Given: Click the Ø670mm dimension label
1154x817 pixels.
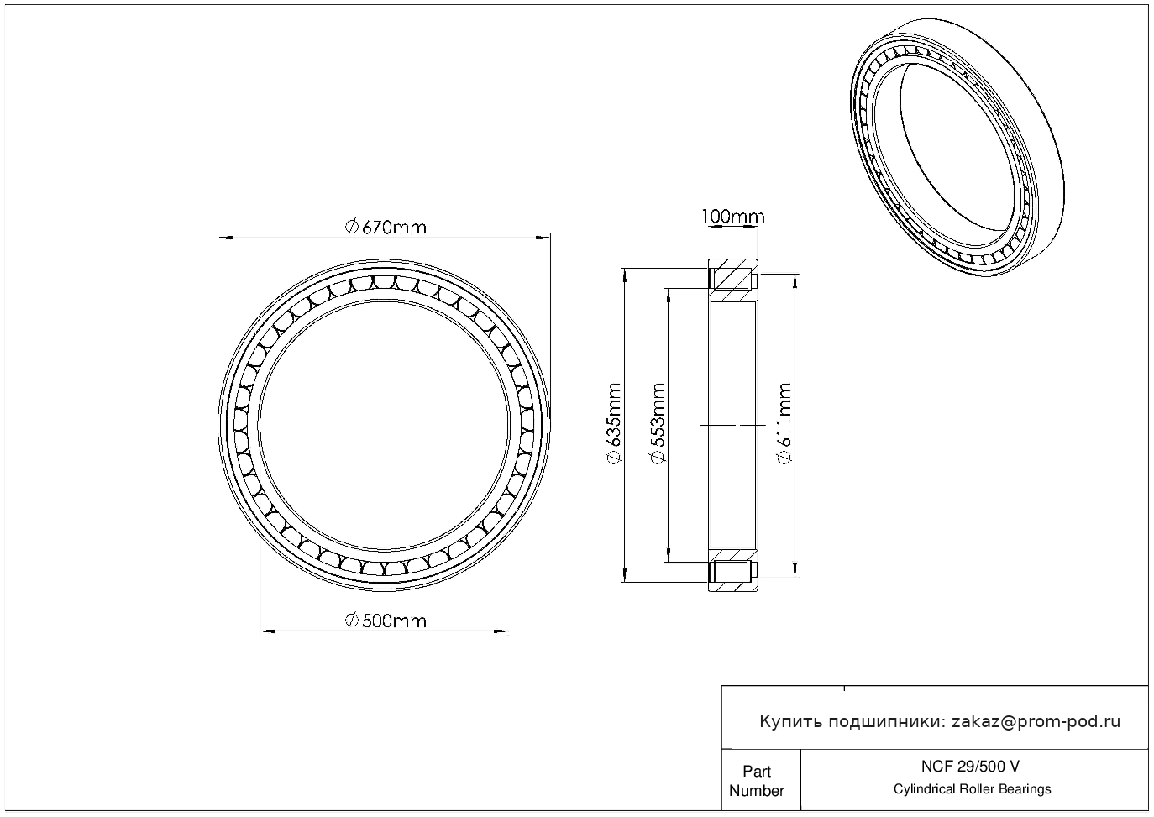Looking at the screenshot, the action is coord(386,228).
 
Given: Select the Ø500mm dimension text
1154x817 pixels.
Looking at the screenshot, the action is coord(386,621).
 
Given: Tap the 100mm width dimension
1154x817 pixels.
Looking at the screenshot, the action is coord(732,217).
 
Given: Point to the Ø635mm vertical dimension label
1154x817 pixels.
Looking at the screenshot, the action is coord(614,423).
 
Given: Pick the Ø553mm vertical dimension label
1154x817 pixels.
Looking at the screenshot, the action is coord(658,423).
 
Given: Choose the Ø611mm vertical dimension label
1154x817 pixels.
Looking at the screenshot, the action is coord(784,423).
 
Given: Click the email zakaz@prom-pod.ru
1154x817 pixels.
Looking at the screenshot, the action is coord(1036,722).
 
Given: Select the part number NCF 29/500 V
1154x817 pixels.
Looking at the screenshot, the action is coord(970,767).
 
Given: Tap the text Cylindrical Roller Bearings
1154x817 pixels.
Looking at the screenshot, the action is coord(972,788).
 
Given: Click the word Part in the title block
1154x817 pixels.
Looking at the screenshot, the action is coord(756,771).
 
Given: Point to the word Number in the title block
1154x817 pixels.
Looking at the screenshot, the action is coord(756,790).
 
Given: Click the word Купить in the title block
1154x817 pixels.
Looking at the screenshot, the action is coord(790,722).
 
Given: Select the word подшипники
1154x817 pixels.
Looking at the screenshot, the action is coord(886,722).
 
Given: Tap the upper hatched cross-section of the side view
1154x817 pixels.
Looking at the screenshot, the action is coord(732,280).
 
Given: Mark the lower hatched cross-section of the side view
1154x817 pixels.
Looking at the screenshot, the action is coord(732,570).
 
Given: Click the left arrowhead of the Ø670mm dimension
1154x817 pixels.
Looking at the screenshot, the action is coord(225,238).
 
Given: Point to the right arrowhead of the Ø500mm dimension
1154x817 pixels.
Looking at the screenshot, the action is coord(501,631).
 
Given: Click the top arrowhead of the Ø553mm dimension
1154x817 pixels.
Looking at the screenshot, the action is coord(669,296).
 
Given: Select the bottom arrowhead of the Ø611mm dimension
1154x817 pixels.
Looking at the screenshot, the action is coord(795,569).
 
